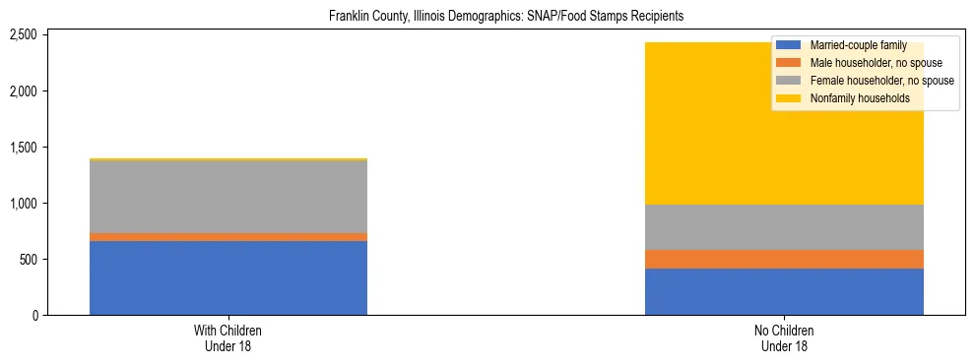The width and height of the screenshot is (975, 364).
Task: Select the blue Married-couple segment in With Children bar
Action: (228, 277)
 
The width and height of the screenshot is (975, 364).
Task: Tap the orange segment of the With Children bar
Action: (228, 237)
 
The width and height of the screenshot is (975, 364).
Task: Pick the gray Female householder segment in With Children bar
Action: (228, 197)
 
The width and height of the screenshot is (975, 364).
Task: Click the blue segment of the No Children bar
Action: (784, 291)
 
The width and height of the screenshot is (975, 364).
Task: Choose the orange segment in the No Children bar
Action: (784, 259)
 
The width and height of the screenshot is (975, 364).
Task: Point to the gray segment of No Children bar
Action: (784, 227)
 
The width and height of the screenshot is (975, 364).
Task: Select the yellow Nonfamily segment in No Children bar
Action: (689, 123)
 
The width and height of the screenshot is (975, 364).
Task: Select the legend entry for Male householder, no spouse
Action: (863, 63)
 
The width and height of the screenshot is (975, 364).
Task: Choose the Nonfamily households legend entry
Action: (852, 98)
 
